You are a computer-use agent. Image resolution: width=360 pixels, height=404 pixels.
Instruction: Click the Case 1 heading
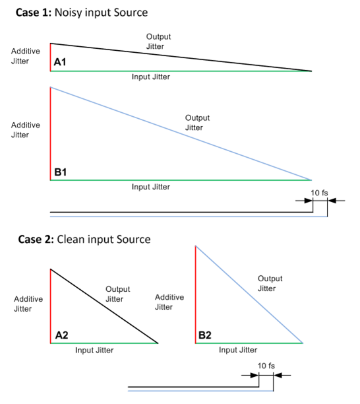click(x=82, y=13)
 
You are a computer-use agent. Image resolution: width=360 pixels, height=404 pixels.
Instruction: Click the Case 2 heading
click(x=84, y=240)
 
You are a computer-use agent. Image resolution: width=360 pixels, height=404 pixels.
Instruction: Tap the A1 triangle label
click(x=60, y=62)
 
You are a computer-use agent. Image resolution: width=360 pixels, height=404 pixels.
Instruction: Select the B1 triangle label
click(x=61, y=172)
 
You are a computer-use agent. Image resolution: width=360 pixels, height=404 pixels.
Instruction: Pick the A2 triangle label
click(x=62, y=335)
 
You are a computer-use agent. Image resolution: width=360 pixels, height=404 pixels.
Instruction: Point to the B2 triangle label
click(x=205, y=335)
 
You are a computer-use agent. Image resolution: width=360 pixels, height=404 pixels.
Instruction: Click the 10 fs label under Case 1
click(x=319, y=193)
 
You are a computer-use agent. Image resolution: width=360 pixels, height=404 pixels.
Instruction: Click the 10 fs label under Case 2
click(x=266, y=366)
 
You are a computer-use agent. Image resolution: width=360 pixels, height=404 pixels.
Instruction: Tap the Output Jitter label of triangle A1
click(x=158, y=42)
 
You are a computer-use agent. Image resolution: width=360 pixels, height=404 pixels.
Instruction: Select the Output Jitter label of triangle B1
click(x=197, y=123)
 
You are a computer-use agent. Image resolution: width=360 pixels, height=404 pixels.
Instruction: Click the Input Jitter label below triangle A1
click(x=151, y=77)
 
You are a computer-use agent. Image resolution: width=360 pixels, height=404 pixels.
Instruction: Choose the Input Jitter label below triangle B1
click(x=151, y=187)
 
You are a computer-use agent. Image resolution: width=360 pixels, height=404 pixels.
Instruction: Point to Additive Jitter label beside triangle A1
click(x=26, y=56)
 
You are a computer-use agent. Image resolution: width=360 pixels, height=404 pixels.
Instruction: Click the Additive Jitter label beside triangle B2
click(x=169, y=302)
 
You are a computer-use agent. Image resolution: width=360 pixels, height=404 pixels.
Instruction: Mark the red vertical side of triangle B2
click(x=196, y=294)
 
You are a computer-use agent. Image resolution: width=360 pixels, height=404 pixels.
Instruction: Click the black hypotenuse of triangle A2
click(x=104, y=306)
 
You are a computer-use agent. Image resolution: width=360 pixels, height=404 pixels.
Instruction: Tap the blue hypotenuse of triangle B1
click(x=181, y=134)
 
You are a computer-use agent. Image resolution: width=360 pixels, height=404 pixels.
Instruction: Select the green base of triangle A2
click(x=104, y=343)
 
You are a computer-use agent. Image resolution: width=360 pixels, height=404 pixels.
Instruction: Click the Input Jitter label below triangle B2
click(x=238, y=350)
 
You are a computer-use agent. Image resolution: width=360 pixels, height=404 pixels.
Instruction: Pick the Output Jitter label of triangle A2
click(x=118, y=294)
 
